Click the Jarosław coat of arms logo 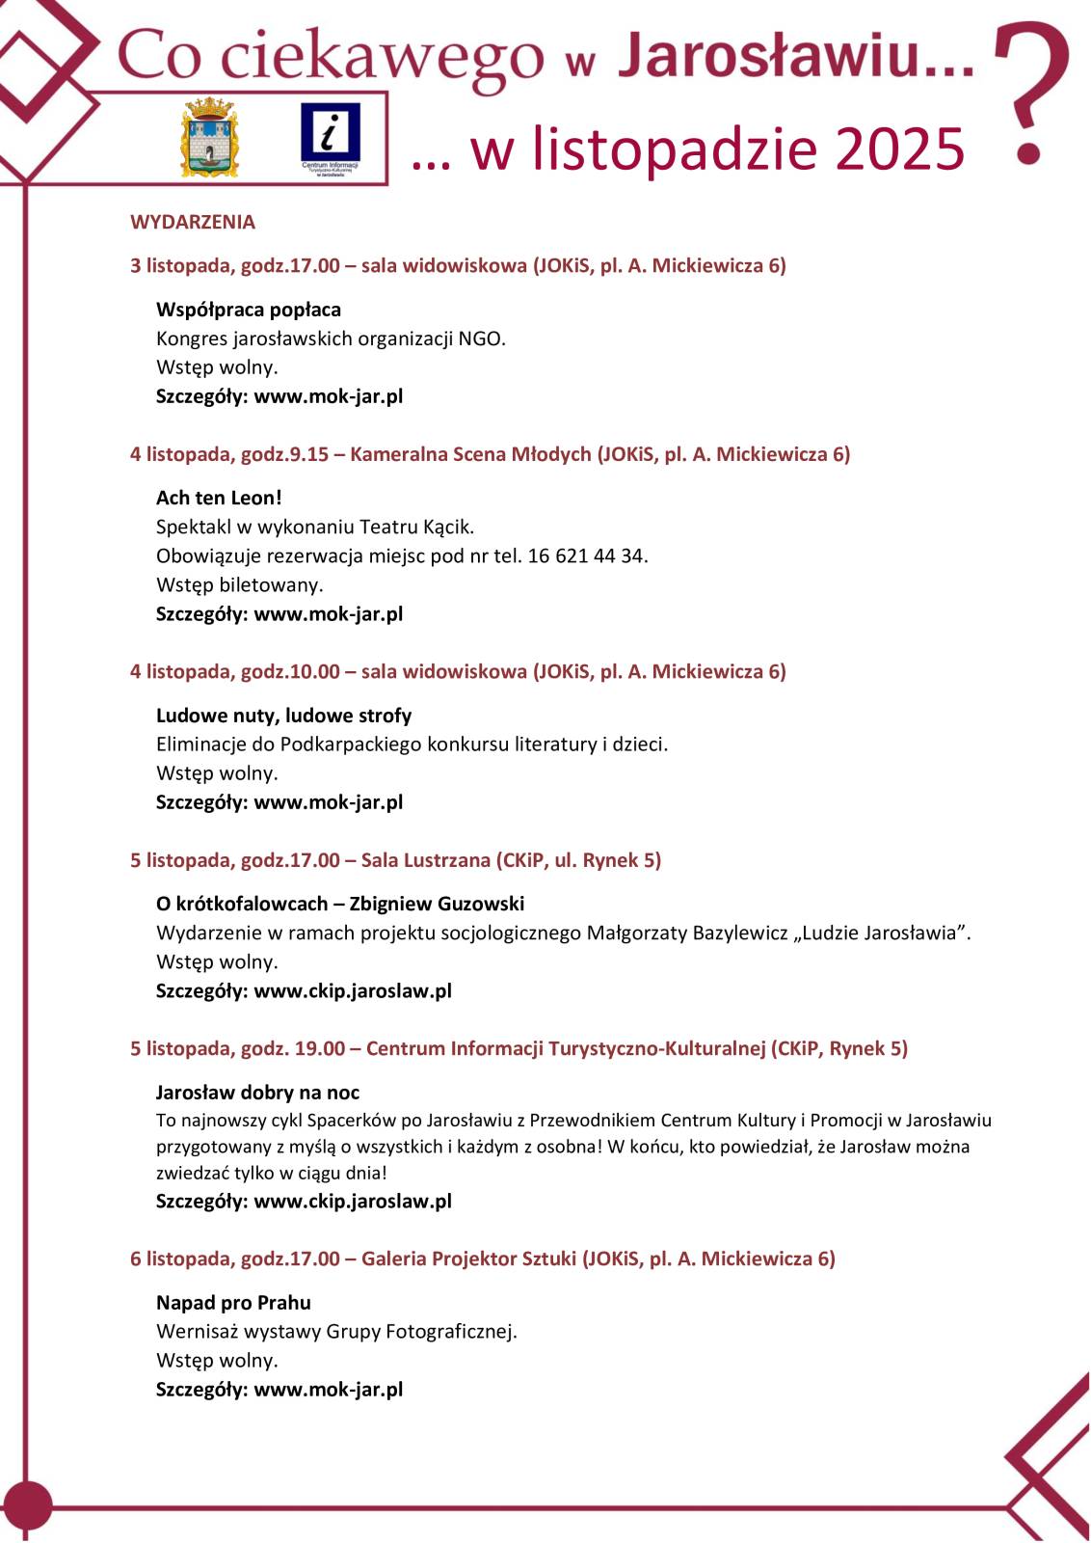(210, 136)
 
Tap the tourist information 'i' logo (330, 137)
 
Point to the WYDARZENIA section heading (193, 222)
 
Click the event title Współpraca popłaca (249, 310)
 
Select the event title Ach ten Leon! (219, 498)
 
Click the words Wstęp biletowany (239, 584)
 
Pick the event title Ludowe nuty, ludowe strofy (283, 716)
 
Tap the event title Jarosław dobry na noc (257, 1092)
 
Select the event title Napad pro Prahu (233, 1302)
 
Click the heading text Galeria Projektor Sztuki (468, 1259)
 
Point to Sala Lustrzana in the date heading (425, 860)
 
